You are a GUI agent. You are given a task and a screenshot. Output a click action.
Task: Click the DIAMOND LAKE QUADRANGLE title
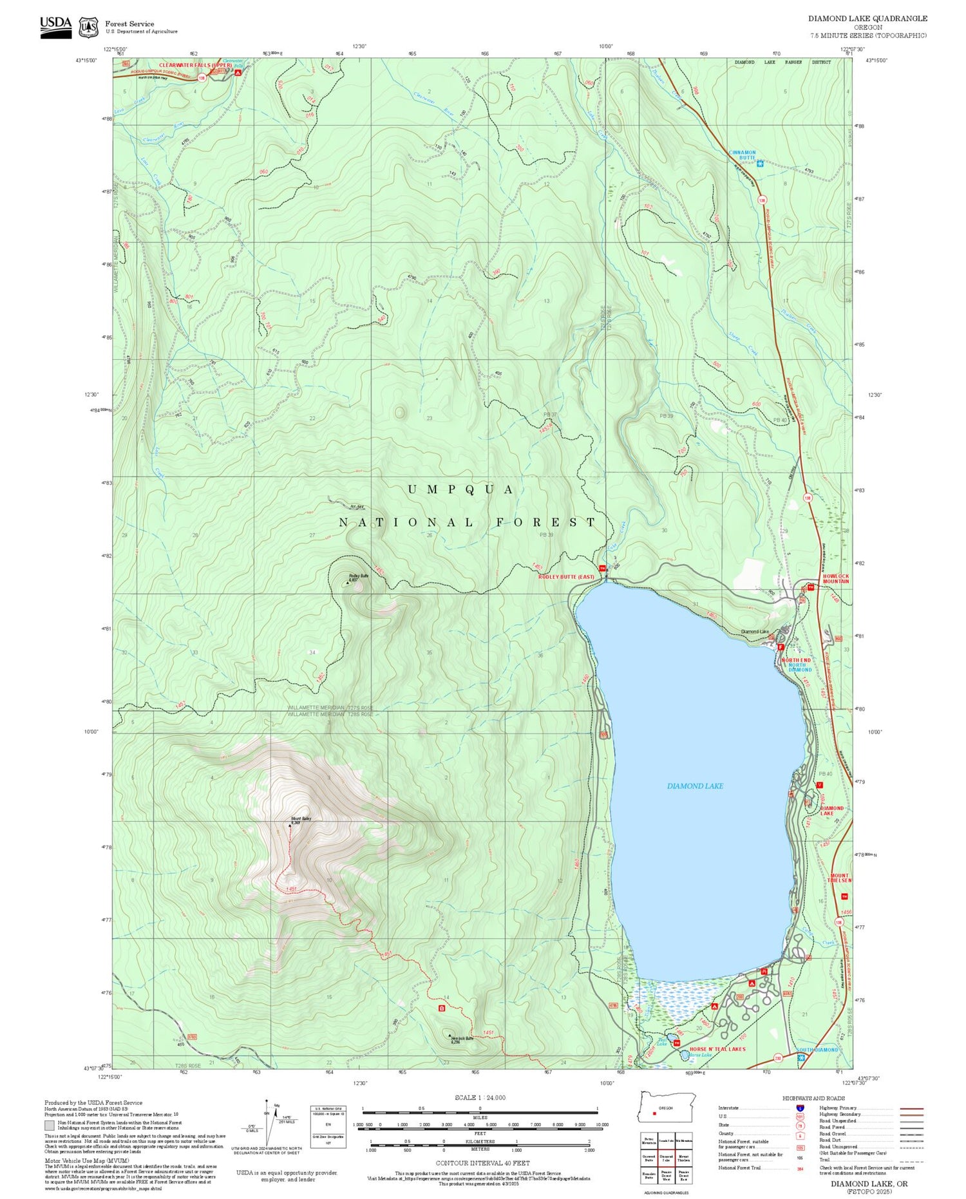867,19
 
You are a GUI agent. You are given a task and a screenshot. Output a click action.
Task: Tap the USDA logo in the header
55,26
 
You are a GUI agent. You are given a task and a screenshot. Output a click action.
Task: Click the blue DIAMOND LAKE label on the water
695,786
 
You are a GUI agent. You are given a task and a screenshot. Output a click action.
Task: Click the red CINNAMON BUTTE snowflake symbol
760,164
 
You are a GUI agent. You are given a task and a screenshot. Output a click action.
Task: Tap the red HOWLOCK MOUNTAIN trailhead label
835,578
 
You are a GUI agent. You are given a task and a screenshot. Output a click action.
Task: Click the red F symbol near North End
780,647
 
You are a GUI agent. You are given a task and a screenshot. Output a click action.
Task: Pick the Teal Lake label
661,1039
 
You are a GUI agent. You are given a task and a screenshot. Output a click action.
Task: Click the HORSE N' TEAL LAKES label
717,1049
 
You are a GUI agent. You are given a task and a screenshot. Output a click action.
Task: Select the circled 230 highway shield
777,1058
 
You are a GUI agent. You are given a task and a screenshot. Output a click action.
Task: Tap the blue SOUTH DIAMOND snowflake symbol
800,1057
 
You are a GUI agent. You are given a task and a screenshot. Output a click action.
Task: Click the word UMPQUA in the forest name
461,489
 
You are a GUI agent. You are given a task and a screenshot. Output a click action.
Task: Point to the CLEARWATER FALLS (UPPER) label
195,66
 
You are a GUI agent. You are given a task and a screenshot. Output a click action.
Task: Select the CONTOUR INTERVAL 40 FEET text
482,1163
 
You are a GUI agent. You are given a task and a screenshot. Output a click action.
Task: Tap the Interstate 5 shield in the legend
800,1108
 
